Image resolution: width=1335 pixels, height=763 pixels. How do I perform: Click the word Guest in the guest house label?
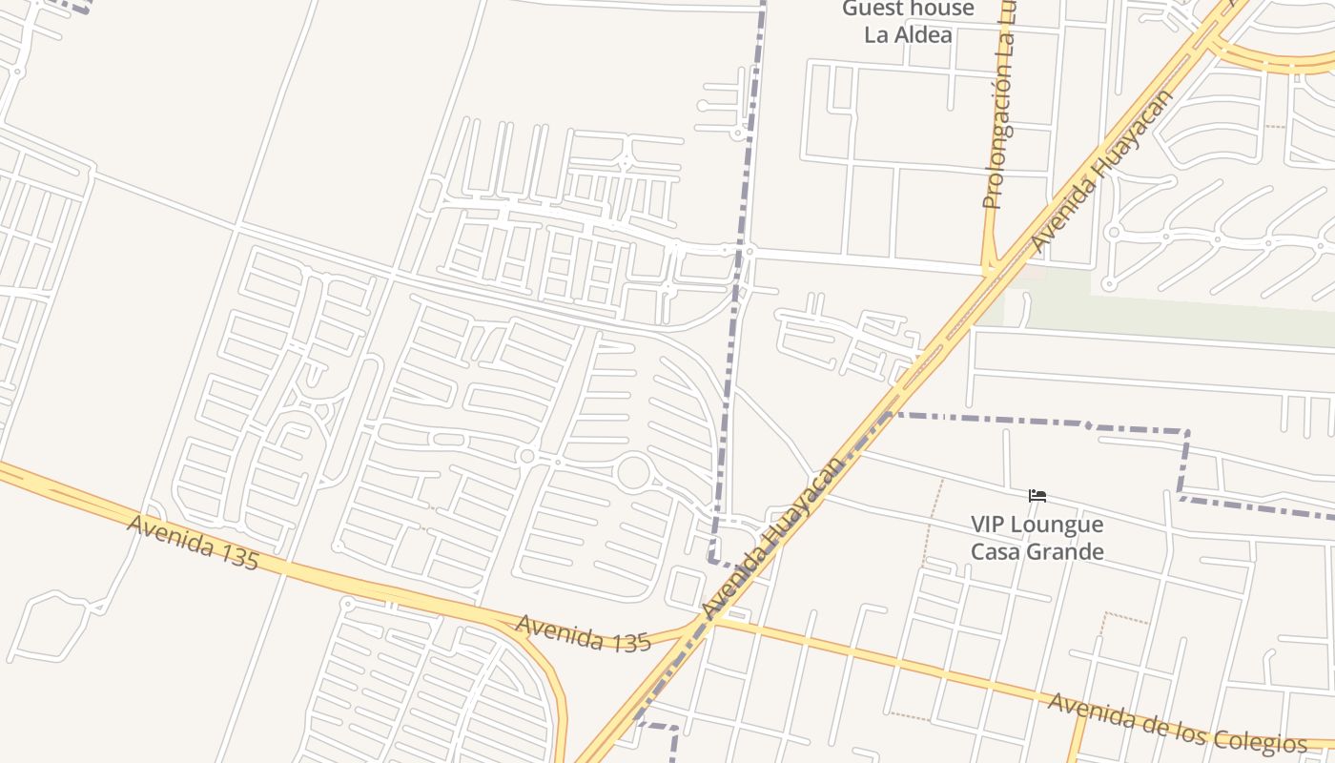point(871,10)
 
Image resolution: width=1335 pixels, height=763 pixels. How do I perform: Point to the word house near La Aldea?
point(939,10)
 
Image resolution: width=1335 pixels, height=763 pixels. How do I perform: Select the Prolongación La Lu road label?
point(998,105)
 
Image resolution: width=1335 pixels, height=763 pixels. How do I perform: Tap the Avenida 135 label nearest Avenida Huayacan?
point(583,632)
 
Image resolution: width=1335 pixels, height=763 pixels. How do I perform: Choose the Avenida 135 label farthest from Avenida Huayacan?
point(192,543)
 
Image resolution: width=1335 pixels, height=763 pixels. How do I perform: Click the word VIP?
point(991,525)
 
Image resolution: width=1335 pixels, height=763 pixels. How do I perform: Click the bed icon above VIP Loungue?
point(1037,496)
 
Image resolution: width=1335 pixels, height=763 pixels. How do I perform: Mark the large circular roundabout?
point(634,473)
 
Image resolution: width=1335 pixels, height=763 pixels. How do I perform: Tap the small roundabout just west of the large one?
point(526,457)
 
